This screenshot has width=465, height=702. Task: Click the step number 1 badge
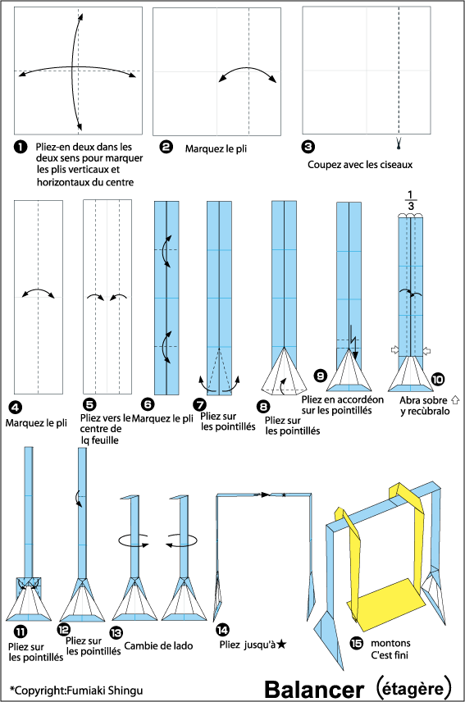(21, 147)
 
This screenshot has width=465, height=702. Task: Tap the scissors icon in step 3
(399, 144)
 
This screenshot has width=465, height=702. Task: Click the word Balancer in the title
(314, 690)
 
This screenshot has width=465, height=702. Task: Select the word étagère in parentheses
(413, 688)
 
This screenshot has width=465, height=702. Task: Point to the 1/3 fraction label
(410, 200)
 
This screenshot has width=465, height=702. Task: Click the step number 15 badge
(356, 644)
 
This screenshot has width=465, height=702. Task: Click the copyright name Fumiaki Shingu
(105, 691)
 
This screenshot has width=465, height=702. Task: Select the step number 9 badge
(321, 376)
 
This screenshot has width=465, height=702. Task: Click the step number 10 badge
(438, 379)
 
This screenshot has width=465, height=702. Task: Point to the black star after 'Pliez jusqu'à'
(281, 645)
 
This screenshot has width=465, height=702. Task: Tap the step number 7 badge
(199, 405)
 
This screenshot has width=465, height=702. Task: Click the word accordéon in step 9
(356, 399)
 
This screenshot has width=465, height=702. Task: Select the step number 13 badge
(116, 632)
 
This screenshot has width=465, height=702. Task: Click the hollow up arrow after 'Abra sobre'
(455, 400)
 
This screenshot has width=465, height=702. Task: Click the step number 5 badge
(90, 405)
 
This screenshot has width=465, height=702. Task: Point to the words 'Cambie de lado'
(158, 645)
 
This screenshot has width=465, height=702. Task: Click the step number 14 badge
(222, 630)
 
